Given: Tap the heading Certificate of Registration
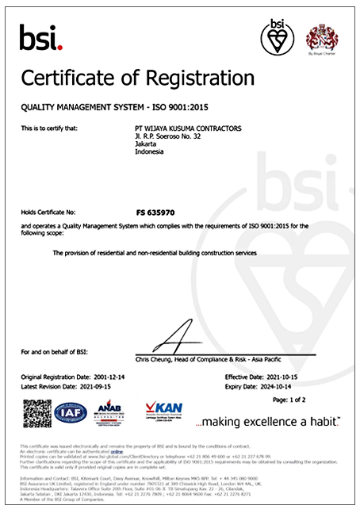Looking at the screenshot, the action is (137, 78).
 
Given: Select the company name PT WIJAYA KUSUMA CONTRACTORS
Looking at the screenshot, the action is (189, 128).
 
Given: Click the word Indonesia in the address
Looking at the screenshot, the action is (150, 152).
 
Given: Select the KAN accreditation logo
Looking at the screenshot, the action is (163, 412).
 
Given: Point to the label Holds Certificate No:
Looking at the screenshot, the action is (48, 212).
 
